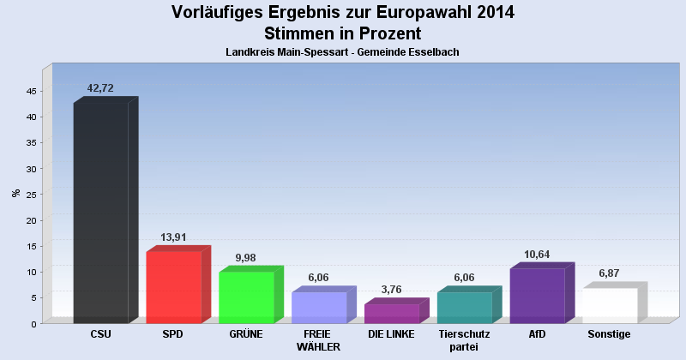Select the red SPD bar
(x=173, y=287)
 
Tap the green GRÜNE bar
(x=246, y=297)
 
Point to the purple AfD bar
(x=537, y=296)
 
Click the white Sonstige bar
(x=610, y=305)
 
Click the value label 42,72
(x=100, y=88)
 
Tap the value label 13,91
(x=173, y=237)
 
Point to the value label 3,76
(x=391, y=290)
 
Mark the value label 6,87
(x=610, y=273)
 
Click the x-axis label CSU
(x=100, y=333)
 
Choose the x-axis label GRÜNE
(x=246, y=333)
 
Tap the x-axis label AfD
(x=537, y=333)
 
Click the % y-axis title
(x=15, y=193)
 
